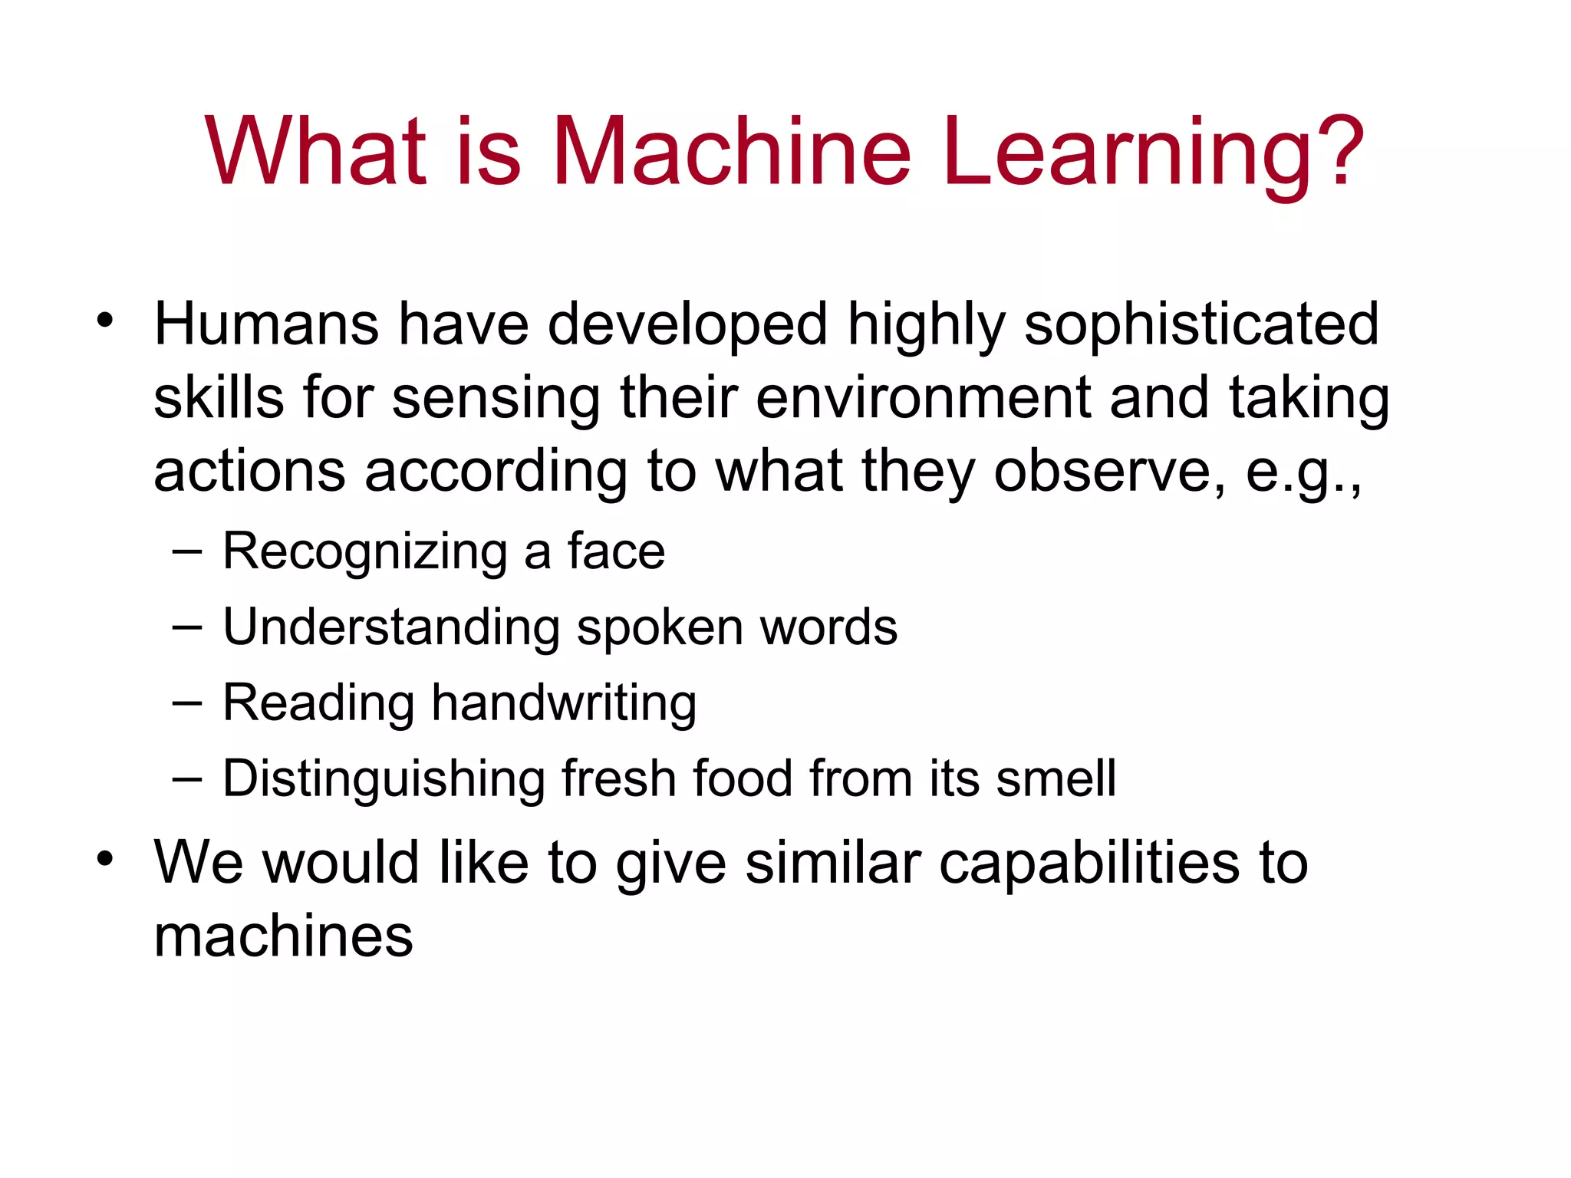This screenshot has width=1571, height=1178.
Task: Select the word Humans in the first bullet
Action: (x=266, y=324)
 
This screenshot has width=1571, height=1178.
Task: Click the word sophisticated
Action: (x=1201, y=325)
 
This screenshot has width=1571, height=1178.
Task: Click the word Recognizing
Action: (x=364, y=551)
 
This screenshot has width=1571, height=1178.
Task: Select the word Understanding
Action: (x=391, y=627)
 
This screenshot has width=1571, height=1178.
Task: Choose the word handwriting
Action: (x=564, y=703)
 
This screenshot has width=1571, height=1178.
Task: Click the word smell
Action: (x=1056, y=778)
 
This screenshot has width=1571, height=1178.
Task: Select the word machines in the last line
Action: (x=283, y=936)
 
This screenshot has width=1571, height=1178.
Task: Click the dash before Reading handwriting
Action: (x=187, y=703)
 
